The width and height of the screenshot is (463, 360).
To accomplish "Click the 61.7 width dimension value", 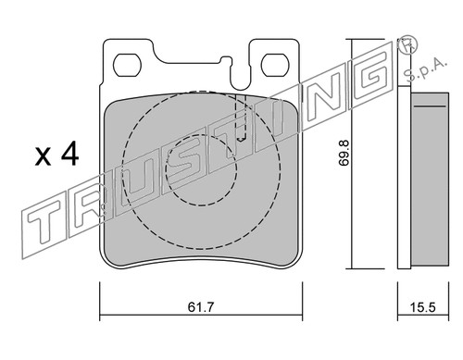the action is [201, 307].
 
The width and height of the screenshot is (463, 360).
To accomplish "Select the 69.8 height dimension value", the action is [344, 153].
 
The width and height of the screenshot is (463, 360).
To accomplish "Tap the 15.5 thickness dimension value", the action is [422, 307].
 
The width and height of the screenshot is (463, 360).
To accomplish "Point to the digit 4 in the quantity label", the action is [69, 155].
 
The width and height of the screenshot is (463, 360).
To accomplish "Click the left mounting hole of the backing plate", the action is [127, 66].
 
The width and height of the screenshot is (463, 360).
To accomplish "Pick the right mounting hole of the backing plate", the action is [275, 65].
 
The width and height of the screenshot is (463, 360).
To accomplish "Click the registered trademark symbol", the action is [407, 45].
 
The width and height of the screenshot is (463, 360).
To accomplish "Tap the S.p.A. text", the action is [425, 69].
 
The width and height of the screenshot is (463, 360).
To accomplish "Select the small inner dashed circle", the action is [201, 170].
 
